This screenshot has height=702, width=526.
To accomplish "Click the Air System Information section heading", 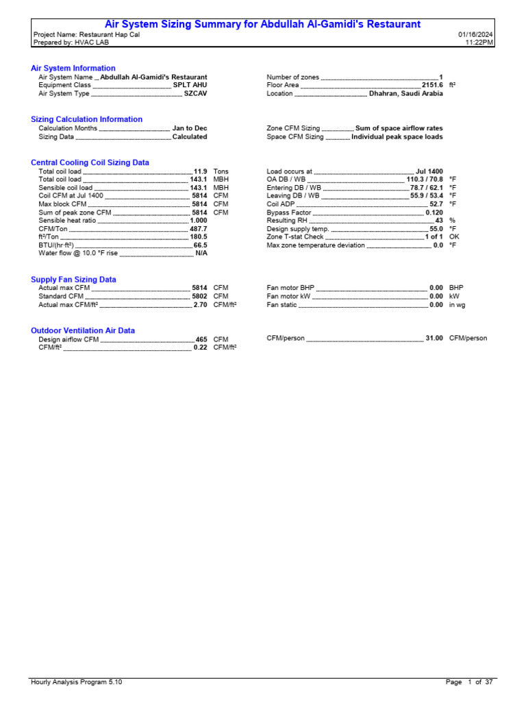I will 73,69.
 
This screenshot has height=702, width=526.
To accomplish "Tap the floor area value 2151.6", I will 432,85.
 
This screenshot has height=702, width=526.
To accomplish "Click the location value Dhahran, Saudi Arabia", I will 405,94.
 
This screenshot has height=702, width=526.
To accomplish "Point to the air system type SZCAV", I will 195,94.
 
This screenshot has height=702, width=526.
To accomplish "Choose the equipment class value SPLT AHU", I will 190,85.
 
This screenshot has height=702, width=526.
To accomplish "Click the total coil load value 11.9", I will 200,171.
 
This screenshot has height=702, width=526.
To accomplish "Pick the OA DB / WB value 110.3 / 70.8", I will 425,179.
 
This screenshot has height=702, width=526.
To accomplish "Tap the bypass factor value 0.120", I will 434,213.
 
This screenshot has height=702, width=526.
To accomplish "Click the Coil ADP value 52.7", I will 436,204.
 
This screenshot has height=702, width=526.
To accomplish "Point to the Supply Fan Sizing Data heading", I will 73,280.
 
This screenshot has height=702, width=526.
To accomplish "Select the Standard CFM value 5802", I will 199,296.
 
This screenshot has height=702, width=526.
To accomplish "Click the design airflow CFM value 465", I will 201,339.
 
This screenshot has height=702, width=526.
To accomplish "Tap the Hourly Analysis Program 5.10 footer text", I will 77,682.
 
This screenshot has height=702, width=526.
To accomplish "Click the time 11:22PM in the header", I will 479,43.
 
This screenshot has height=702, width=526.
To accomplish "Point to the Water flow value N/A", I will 201,253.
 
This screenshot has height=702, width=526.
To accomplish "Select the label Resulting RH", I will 288,221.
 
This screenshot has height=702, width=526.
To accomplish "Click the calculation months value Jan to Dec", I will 190,128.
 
